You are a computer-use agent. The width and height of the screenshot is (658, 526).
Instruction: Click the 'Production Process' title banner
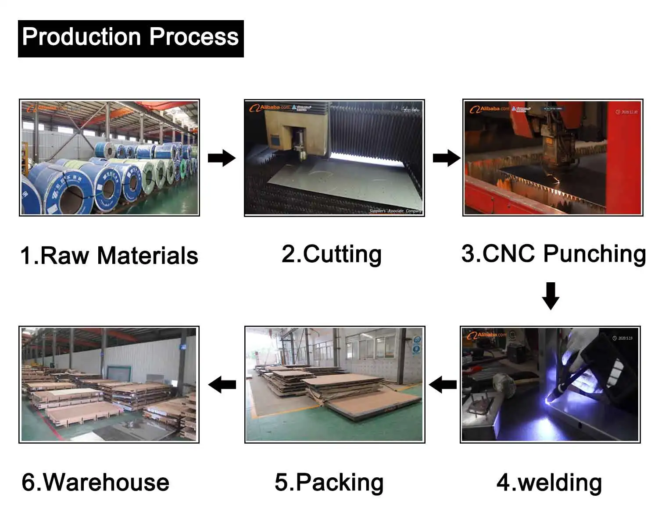[131, 38]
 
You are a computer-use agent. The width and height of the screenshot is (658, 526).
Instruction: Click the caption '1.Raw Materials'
[109, 256]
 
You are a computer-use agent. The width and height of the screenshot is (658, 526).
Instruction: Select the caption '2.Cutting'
[332, 254]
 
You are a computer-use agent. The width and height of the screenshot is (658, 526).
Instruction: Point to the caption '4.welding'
[549, 482]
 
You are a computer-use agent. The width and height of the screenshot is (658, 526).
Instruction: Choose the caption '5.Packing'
[329, 482]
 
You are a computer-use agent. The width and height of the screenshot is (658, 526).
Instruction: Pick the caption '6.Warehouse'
[95, 482]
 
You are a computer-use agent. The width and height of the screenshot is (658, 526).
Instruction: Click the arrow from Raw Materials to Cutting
[222, 158]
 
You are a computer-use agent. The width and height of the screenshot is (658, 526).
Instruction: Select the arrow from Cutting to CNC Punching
[447, 158]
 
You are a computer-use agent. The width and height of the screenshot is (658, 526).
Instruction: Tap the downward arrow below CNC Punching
[551, 296]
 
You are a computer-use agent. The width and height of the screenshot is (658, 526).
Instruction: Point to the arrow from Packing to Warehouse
[222, 385]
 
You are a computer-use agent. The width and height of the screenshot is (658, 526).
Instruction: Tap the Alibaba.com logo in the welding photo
[486, 335]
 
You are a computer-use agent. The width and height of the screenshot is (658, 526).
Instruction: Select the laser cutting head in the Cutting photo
[300, 145]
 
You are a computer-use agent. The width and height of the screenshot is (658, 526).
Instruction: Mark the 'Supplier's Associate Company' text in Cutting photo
[395, 211]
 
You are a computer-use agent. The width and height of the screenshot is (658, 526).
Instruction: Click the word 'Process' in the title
[194, 37]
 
